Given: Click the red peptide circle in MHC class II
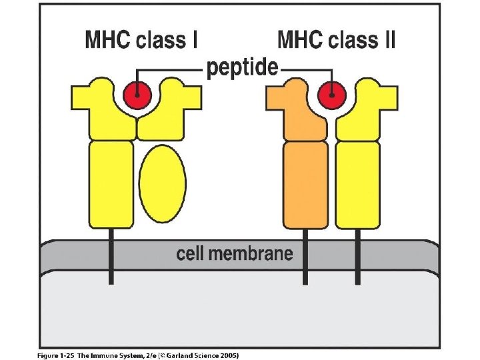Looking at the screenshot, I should pyautogui.click(x=329, y=95).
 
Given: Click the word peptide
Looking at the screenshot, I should pyautogui.click(x=241, y=67).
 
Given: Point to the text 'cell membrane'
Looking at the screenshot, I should pyautogui.click(x=234, y=253).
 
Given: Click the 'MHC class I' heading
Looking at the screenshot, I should pyautogui.click(x=141, y=41).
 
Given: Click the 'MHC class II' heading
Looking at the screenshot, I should pyautogui.click(x=335, y=41).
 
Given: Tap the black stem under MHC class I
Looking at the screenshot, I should pyautogui.click(x=111, y=257).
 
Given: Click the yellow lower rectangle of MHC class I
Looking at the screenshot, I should pyautogui.click(x=111, y=184).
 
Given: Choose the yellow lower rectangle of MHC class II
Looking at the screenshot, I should pyautogui.click(x=358, y=184).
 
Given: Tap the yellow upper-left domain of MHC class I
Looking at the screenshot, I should pyautogui.click(x=100, y=110).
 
